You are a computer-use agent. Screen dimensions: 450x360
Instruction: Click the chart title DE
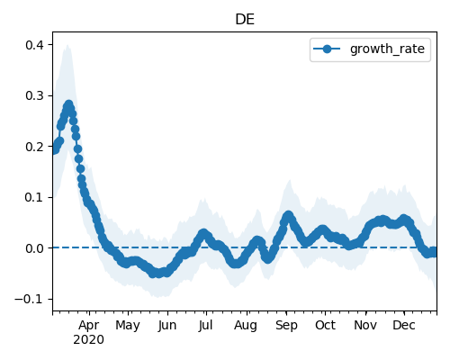245,20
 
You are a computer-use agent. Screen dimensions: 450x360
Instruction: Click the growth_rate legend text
387,49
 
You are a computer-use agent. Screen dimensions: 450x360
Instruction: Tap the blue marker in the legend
327,49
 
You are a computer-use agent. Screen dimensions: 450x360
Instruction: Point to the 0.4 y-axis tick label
34,45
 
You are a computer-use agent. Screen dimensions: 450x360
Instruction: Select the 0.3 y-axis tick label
34,95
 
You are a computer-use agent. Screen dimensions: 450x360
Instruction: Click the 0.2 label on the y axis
34,147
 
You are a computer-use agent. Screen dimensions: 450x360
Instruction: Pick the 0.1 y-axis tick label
34,197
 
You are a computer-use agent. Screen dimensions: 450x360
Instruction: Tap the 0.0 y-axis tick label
34,248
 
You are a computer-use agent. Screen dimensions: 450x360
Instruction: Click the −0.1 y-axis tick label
29,299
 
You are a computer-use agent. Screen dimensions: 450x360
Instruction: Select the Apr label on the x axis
89,325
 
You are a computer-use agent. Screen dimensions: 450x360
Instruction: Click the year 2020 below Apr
89,339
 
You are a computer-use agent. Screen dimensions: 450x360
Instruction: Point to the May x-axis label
128,326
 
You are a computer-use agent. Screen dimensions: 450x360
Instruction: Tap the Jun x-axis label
167,325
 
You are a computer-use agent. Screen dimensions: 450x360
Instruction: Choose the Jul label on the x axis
205,325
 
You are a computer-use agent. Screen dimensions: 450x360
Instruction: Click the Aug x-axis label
246,326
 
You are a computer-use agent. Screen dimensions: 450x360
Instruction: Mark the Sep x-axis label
286,326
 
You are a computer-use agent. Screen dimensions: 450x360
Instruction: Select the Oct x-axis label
325,325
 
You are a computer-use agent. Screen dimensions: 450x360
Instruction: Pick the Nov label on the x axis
365,325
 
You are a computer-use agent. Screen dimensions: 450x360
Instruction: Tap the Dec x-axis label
404,325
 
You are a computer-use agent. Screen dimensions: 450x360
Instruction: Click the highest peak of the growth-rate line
69,105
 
